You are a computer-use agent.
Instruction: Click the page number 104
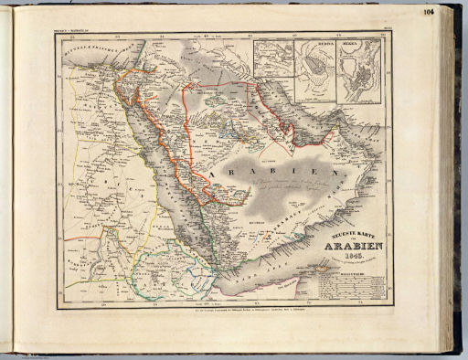pyautogui.click(x=429, y=12)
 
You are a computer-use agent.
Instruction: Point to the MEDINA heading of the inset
pyautogui.click(x=314, y=43)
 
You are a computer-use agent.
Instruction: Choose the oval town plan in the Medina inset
pyautogui.click(x=315, y=69)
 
